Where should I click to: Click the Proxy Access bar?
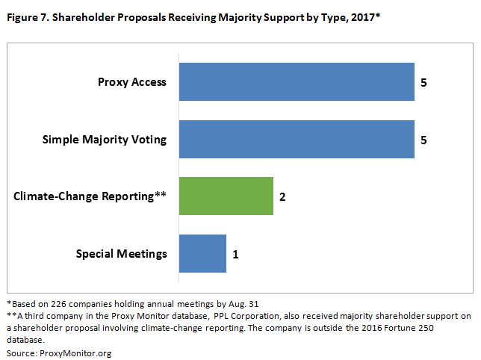[x=296, y=82]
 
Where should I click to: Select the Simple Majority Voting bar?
[x=296, y=139]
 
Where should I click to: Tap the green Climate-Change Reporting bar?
[x=226, y=196]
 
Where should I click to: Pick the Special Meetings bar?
[x=202, y=253]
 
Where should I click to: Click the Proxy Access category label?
[x=132, y=82]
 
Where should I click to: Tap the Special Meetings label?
[x=122, y=254]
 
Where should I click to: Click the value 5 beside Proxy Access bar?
[x=423, y=82]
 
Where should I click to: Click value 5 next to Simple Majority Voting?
[x=423, y=140]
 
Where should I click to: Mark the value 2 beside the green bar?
[x=282, y=197]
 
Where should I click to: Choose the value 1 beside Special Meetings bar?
[x=235, y=254]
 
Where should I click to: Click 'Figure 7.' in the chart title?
[x=23, y=16]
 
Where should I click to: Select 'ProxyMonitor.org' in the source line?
[x=76, y=352]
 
